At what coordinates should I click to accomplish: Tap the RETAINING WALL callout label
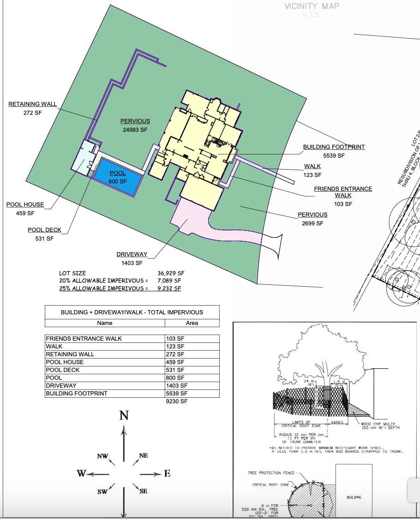[33, 104]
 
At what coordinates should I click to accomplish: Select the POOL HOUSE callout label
[25, 205]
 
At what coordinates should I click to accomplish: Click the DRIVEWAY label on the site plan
[132, 254]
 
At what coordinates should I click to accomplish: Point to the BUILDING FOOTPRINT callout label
[334, 147]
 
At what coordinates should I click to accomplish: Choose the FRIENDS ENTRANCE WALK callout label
[343, 192]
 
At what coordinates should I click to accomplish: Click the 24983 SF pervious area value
[135, 130]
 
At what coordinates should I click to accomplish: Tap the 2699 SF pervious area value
[312, 224]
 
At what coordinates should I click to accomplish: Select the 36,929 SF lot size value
[171, 273]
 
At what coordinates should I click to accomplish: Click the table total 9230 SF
[177, 401]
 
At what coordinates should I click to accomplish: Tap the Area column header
[192, 323]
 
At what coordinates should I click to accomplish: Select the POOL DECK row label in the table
[63, 370]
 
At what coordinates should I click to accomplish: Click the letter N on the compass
[124, 416]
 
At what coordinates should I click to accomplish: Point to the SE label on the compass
[143, 491]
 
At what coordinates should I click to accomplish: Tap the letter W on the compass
[81, 473]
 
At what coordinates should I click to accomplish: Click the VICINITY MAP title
[312, 6]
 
